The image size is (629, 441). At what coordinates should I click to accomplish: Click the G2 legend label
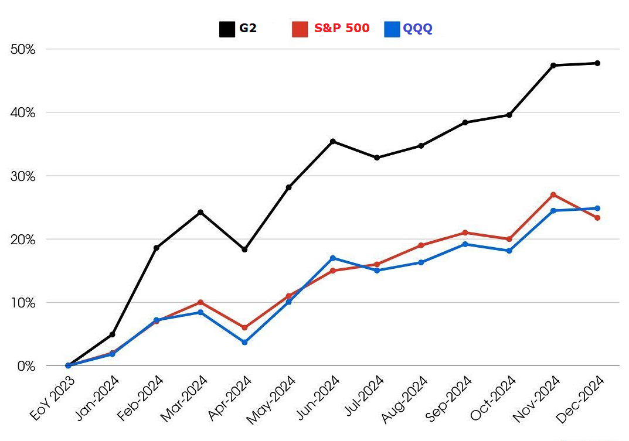click(x=247, y=28)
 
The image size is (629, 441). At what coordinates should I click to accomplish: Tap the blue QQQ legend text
click(x=417, y=28)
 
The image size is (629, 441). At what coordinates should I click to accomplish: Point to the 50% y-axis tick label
click(x=23, y=49)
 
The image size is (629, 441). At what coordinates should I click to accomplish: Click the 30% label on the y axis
click(x=23, y=176)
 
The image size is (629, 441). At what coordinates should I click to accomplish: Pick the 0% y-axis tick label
click(x=26, y=366)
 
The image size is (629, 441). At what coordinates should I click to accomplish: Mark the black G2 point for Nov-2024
click(x=553, y=65)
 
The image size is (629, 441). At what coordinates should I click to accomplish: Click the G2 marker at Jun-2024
click(x=332, y=141)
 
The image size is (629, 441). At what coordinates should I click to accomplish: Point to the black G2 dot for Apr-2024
click(x=244, y=249)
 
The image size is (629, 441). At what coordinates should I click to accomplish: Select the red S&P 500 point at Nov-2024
click(x=553, y=194)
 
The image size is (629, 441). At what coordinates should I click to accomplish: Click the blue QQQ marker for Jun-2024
click(x=332, y=258)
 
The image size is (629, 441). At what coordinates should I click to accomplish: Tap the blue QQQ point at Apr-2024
click(x=244, y=342)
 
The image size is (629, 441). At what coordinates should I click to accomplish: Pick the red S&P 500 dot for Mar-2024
click(x=200, y=302)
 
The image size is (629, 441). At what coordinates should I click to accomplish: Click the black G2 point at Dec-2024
click(x=597, y=63)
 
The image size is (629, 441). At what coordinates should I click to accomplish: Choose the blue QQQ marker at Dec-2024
click(x=597, y=208)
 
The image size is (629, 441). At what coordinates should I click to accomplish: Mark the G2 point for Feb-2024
click(x=156, y=248)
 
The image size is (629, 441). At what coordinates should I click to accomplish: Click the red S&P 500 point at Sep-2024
click(x=465, y=233)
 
